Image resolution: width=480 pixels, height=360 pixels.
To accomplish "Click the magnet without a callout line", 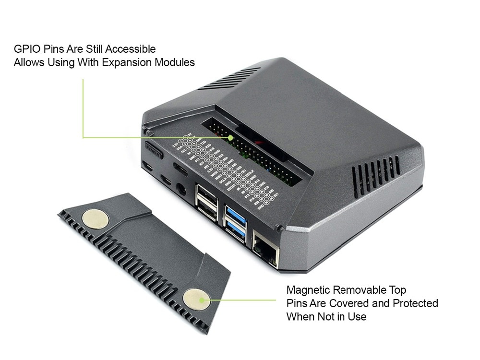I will click(x=95, y=219).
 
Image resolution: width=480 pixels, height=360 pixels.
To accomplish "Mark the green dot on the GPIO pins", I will click(x=230, y=137).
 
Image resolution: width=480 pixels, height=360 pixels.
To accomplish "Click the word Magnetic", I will click(x=308, y=290).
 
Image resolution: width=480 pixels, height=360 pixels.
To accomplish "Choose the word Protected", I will click(x=415, y=303).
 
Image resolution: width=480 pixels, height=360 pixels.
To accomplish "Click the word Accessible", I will click(x=130, y=49).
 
